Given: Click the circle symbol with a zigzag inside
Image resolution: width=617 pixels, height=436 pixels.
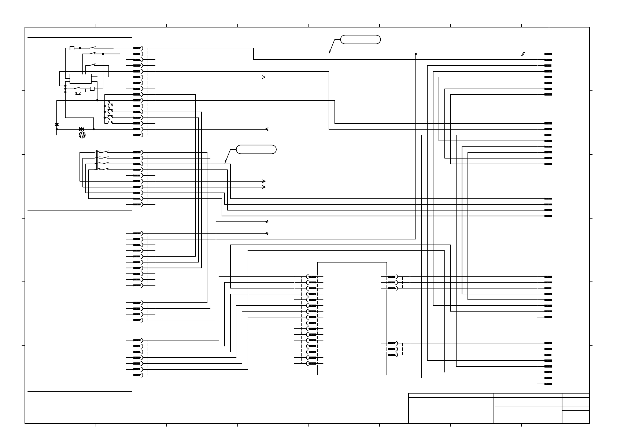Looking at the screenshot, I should (82, 135).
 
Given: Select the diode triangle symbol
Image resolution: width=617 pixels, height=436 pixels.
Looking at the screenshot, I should (56, 125).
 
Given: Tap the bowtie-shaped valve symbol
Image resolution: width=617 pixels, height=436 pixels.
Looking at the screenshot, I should (82, 129).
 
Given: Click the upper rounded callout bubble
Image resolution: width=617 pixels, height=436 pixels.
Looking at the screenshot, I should (361, 40).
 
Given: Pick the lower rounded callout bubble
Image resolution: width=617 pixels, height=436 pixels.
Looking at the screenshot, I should (256, 149).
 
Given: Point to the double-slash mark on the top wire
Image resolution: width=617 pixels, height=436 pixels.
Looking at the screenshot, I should (523, 54).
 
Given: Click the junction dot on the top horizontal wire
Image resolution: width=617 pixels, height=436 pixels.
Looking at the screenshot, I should (415, 54).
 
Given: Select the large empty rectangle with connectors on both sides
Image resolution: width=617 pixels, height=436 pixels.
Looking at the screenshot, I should (352, 318).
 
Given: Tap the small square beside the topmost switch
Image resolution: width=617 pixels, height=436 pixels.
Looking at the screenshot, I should (72, 48).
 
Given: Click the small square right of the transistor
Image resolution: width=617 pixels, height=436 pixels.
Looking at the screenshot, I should (92, 89).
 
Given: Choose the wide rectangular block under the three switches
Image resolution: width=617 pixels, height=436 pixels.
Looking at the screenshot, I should (81, 79).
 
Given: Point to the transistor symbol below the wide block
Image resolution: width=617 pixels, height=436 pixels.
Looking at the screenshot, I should (78, 93).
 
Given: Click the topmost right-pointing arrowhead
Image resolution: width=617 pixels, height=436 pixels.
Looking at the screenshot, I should (264, 77).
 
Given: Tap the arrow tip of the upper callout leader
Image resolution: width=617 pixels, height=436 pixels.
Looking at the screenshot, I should (329, 53).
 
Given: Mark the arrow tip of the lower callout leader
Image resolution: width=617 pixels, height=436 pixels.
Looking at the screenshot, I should (225, 163).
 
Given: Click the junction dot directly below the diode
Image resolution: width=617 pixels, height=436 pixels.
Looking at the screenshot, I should (56, 129).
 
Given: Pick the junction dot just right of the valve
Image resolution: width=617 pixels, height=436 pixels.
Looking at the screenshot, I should (93, 129).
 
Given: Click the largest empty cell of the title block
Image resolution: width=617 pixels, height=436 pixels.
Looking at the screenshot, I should (451, 410).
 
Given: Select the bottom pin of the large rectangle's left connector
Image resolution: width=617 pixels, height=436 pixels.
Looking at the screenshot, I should (312, 364).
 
